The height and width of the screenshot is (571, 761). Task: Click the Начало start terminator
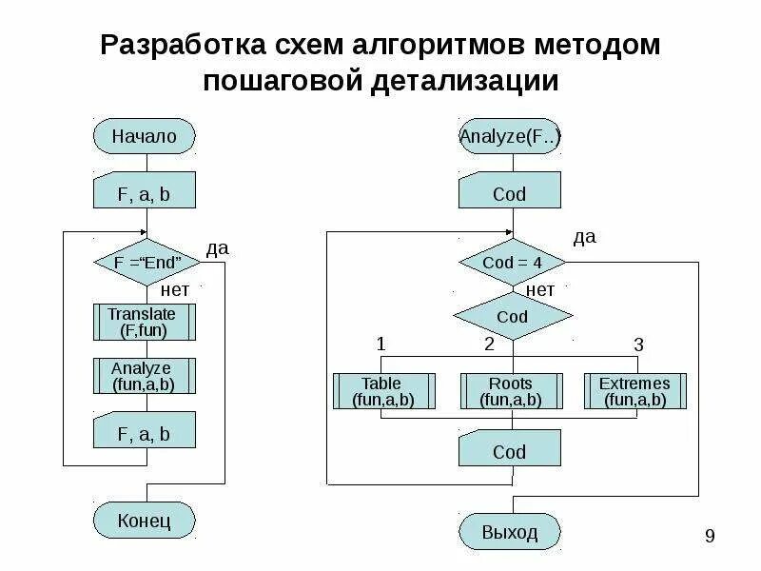[x=145, y=136]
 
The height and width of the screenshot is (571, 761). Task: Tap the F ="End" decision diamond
[x=145, y=262]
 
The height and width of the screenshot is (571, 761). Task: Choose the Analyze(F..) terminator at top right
[x=510, y=136]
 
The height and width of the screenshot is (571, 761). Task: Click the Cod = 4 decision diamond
[x=512, y=262]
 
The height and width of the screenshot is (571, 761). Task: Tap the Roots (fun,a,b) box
[x=510, y=391]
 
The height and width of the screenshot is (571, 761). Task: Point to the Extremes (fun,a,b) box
[x=634, y=391]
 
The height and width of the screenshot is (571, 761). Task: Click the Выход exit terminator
[x=510, y=531]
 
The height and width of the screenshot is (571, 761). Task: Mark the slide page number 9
[x=710, y=538]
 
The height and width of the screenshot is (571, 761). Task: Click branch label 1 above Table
[x=381, y=344]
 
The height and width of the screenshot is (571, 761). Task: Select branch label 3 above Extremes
[x=638, y=344]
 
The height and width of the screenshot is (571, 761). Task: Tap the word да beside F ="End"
[x=218, y=248]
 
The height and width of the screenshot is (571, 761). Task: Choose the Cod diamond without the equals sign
[x=512, y=317]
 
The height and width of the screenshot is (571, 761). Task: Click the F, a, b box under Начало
[x=145, y=194]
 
